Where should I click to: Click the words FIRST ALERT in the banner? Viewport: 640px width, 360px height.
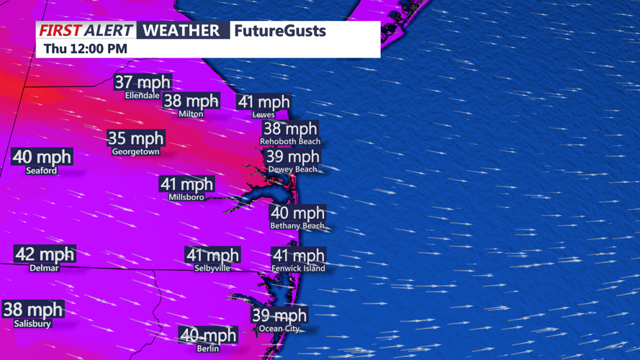(86, 30)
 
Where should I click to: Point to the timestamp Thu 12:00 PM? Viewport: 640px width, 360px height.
(86, 48)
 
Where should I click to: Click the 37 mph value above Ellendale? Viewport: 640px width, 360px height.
(143, 82)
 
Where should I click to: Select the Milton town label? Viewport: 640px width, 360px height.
(191, 114)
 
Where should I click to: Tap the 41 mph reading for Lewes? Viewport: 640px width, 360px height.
(263, 102)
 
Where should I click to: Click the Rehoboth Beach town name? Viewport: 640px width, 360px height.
(290, 142)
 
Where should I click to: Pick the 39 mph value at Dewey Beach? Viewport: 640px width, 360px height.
(292, 156)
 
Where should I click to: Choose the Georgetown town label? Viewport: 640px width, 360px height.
(135, 152)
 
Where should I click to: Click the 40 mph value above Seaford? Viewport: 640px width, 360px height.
(42, 156)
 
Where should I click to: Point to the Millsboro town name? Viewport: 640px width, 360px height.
(186, 197)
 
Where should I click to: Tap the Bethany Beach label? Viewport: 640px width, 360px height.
(297, 226)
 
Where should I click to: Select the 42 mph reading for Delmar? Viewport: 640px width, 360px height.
(45, 254)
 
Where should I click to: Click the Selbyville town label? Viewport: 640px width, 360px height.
(212, 268)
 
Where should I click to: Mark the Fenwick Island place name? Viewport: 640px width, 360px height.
(298, 269)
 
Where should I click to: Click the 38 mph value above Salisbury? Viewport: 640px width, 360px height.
(33, 310)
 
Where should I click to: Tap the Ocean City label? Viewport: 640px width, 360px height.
(279, 329)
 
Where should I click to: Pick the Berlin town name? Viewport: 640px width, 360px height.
(207, 349)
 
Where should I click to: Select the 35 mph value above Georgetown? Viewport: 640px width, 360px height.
(135, 138)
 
